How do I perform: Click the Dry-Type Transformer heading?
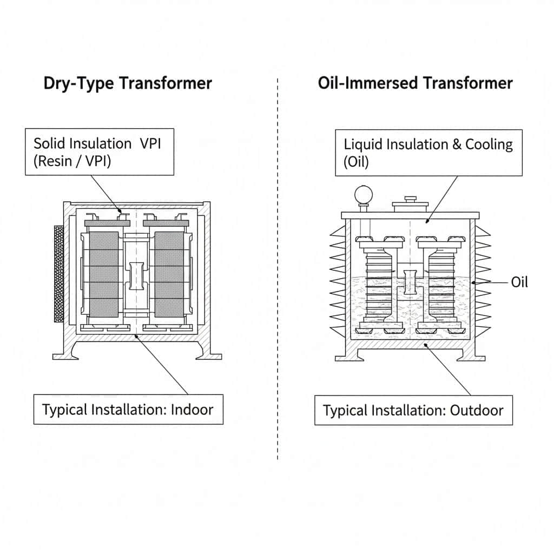click(128, 83)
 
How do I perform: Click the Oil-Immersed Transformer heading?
click(415, 83)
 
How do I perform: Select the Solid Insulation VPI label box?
click(100, 152)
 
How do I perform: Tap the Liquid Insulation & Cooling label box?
click(428, 152)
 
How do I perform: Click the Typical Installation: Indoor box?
click(128, 409)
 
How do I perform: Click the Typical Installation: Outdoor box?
click(413, 410)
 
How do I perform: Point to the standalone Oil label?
click(519, 281)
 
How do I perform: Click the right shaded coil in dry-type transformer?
click(169, 275)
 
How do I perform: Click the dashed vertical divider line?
click(278, 271)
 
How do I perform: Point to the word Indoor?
click(192, 409)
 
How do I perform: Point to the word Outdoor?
click(477, 410)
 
